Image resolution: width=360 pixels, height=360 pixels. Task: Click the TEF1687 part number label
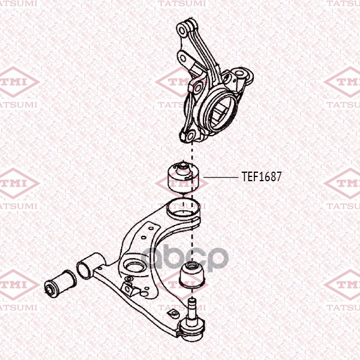(261, 177)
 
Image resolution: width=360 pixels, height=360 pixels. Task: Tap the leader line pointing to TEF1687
(220, 177)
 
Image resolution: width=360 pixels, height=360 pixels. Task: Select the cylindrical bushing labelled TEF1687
(183, 178)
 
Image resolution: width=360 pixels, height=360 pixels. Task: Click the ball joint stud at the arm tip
(191, 309)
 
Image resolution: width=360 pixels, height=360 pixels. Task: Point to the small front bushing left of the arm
(61, 284)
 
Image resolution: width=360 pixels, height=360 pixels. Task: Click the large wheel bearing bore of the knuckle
(220, 112)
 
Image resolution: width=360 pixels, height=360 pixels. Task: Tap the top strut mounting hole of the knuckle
(182, 31)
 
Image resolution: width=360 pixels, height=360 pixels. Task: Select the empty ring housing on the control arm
(183, 209)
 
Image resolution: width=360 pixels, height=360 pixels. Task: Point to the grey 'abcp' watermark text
(184, 257)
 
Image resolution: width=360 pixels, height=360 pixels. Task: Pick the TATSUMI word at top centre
(182, 3)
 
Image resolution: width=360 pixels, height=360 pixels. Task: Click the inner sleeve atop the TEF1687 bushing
(182, 166)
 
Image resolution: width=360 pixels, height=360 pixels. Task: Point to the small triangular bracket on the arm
(128, 287)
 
